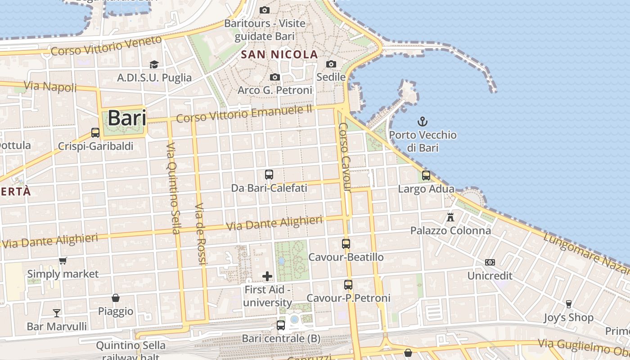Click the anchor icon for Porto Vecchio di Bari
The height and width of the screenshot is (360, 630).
coord(422,121)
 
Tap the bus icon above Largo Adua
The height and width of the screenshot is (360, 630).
coord(426,175)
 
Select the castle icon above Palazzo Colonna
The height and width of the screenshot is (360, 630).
coord(450,217)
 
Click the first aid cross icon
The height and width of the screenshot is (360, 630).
coord(267,276)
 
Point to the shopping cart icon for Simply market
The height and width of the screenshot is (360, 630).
coord(63,261)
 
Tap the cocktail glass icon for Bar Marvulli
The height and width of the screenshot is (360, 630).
coord(57,313)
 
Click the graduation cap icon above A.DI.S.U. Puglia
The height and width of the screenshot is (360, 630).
coord(154,64)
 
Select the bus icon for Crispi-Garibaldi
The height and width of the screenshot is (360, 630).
coord(95,133)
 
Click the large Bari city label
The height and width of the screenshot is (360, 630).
coord(127,118)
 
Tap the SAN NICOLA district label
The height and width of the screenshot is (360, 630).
coord(279,55)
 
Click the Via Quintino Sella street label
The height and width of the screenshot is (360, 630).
coord(173,189)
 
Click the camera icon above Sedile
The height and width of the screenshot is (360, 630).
coord(331,64)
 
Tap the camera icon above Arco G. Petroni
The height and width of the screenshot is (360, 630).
coord(275,77)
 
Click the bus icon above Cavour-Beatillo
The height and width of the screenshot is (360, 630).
coord(346,244)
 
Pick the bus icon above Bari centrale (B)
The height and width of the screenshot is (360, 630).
coord(281,325)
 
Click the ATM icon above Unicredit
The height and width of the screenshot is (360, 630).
coord(490,262)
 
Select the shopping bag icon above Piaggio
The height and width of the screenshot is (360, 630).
coord(116,298)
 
